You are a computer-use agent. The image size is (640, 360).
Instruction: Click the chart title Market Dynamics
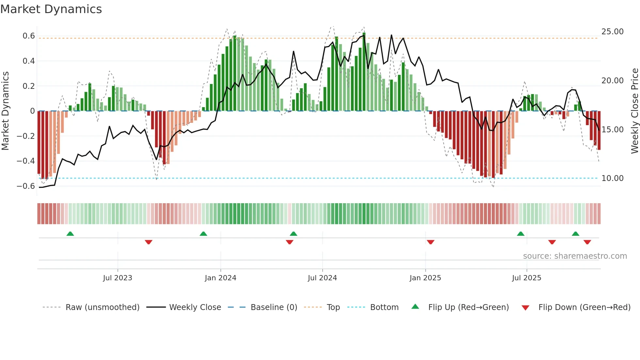point(51,9)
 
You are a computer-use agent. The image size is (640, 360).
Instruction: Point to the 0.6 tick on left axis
point(29,36)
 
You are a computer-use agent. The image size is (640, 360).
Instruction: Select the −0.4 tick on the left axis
point(26,161)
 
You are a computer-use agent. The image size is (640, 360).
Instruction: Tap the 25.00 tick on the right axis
point(612,32)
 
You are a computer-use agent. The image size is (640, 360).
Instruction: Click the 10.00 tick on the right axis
point(612,178)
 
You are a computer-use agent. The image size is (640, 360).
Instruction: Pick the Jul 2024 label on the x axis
point(322,278)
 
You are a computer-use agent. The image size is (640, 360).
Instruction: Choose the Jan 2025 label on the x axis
point(425,278)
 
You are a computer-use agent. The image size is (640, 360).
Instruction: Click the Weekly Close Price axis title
point(634,111)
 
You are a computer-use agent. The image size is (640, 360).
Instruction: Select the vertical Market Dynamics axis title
point(5,111)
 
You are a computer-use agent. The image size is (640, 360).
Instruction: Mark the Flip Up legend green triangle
point(415,307)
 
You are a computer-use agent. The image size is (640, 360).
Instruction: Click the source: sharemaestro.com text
point(575,256)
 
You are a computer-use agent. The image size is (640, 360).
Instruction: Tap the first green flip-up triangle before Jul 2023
point(70,234)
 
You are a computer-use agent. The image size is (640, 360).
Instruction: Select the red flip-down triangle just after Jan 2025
point(430,242)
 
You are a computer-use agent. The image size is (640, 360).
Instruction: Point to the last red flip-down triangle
point(587,242)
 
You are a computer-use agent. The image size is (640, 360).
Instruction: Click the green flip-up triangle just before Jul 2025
point(520,234)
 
